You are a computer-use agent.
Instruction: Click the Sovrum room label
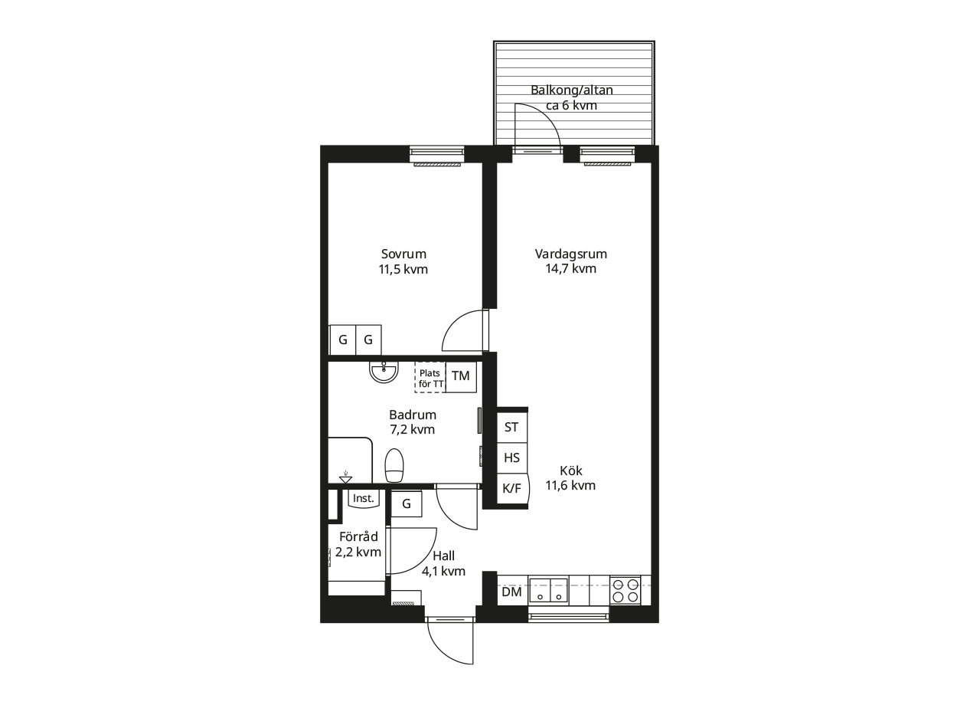[403, 254]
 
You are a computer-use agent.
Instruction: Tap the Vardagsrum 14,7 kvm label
[571, 261]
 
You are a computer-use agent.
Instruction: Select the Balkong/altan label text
[572, 90]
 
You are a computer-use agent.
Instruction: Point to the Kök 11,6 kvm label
[570, 477]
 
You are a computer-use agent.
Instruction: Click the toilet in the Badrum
[394, 465]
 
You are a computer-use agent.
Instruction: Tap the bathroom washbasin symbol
[384, 372]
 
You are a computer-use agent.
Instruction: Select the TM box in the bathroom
[461, 376]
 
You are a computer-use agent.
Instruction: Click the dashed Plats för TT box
[430, 377]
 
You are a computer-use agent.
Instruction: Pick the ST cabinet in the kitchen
[512, 428]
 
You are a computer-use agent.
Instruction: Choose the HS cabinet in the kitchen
[512, 458]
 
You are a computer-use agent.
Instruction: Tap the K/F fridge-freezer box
[513, 489]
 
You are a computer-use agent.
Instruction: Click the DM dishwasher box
[512, 592]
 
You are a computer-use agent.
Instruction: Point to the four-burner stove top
[626, 590]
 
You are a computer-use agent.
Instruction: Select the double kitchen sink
[549, 590]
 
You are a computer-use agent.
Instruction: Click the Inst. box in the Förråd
[364, 499]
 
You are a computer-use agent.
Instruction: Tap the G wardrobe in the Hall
[407, 503]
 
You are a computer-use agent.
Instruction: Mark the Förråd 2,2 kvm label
[358, 544]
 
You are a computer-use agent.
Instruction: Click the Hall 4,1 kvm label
[443, 563]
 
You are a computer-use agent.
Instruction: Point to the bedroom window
[437, 156]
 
